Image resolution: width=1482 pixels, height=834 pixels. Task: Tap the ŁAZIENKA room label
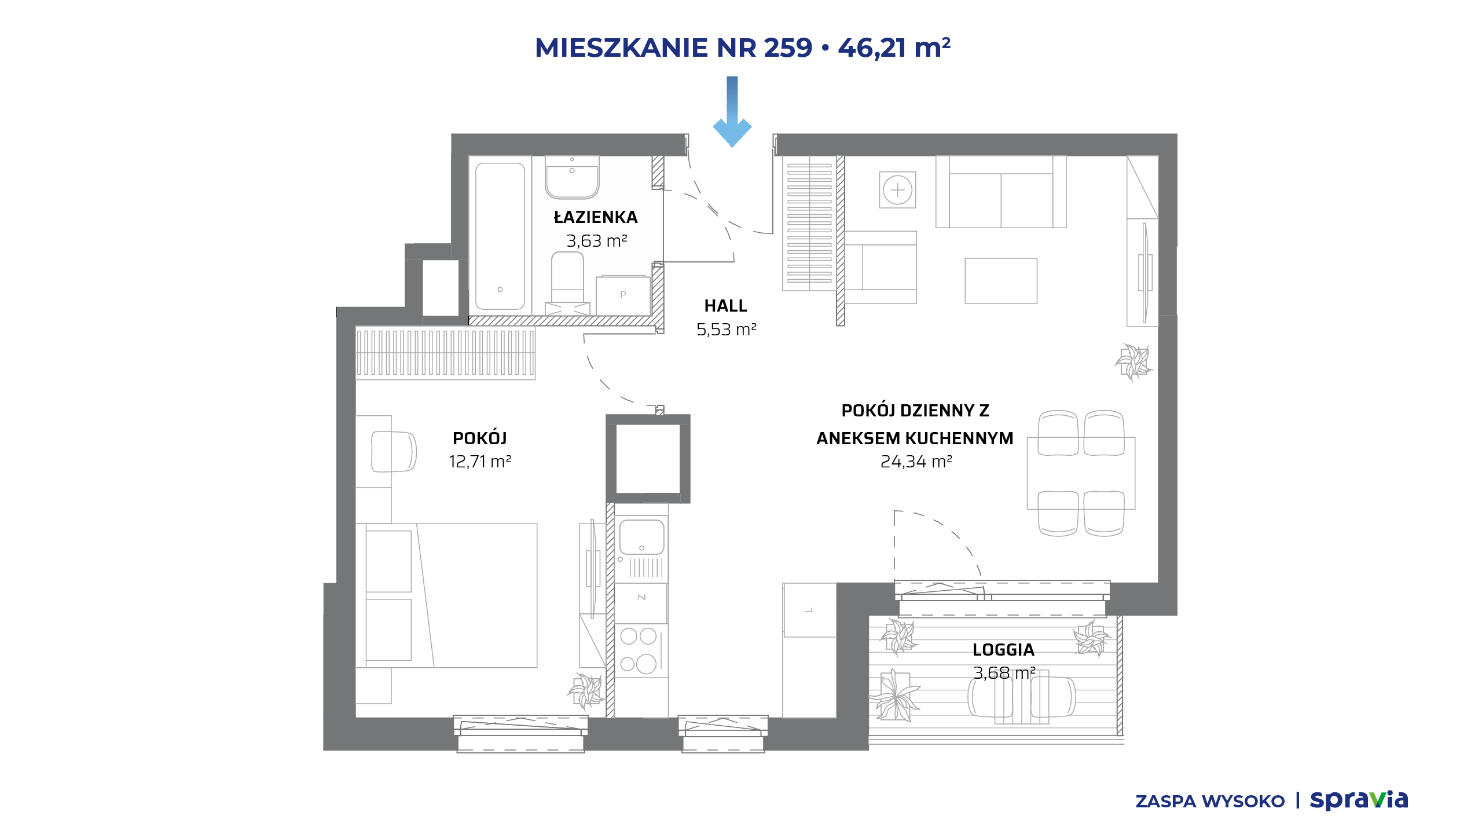point(596,217)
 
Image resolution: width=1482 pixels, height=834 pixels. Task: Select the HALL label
point(725,306)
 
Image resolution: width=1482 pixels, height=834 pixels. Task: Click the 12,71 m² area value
point(480,462)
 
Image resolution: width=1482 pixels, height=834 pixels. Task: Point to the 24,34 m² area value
point(916,462)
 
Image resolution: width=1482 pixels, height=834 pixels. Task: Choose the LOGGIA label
point(1003,650)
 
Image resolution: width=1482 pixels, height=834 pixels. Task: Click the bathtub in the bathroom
point(500,236)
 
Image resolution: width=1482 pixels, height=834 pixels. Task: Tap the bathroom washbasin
point(572,177)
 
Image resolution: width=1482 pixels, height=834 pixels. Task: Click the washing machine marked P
point(623,295)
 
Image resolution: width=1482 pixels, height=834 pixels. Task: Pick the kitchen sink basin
point(641,537)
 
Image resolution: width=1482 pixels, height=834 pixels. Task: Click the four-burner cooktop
point(641,650)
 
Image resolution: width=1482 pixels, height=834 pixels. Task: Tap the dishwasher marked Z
point(641,603)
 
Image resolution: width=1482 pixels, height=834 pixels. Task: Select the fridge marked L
point(809,610)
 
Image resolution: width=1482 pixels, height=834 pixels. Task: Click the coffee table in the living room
point(1001,281)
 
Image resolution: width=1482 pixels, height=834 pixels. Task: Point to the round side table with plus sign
point(897,189)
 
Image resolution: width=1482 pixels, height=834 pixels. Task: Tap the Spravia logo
point(1359,800)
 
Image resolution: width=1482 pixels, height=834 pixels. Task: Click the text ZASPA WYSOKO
point(1210,802)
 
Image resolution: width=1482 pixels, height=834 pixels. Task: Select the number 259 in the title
point(788,47)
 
